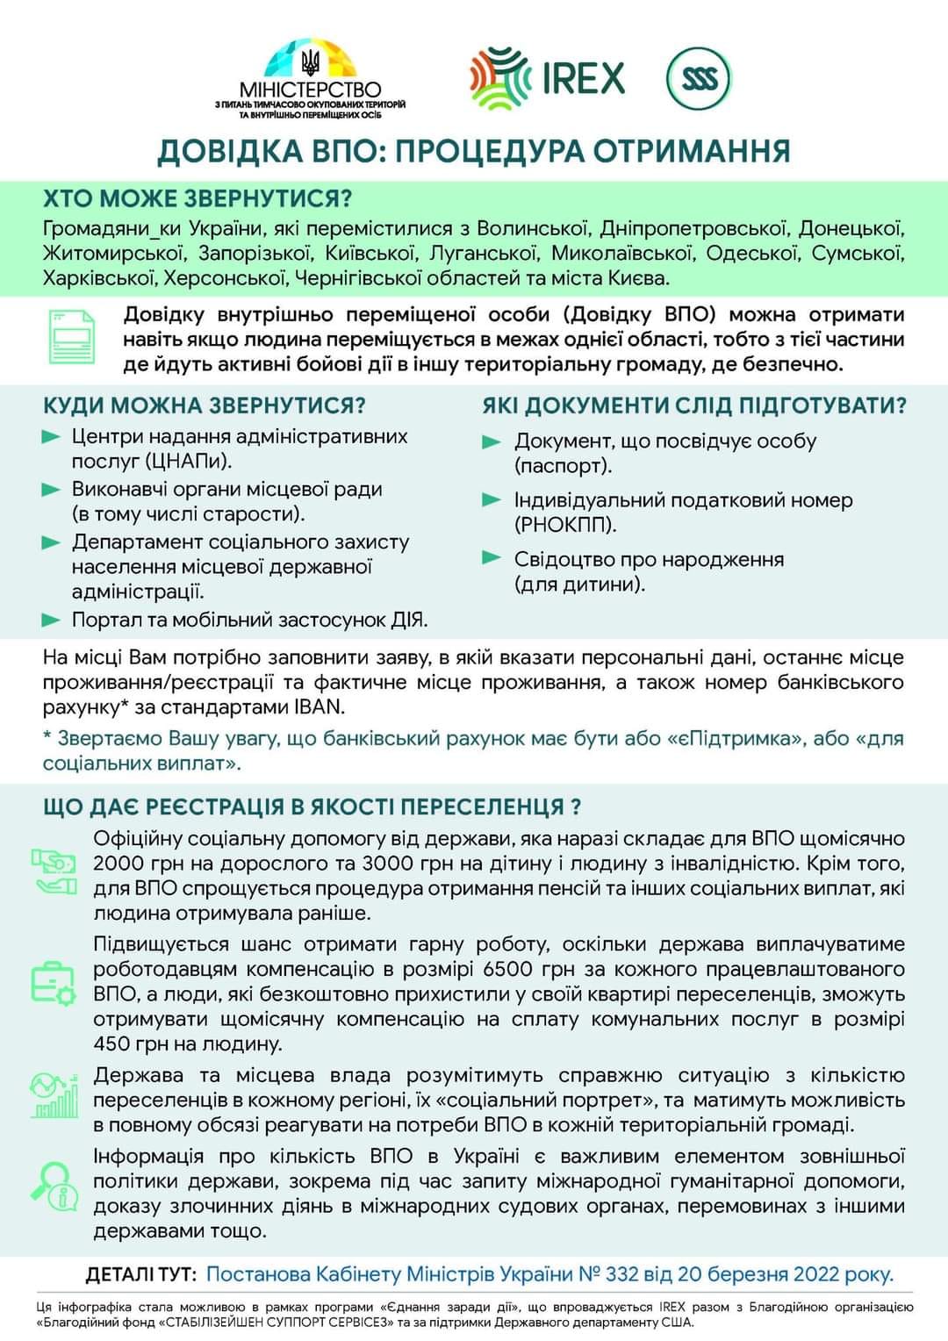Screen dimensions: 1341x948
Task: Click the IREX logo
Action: click(548, 79)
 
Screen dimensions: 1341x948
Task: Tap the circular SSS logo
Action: click(699, 79)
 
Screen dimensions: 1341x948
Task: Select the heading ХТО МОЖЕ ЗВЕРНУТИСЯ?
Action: click(197, 198)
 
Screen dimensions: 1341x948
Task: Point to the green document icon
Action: click(72, 336)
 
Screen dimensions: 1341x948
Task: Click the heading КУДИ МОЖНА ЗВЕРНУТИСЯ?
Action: click(204, 405)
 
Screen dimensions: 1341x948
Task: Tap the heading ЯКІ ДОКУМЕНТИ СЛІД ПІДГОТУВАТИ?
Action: click(693, 405)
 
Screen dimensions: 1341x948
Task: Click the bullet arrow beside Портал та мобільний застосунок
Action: click(51, 620)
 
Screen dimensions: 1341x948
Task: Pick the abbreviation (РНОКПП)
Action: click(565, 525)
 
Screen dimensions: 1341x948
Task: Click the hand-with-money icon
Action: click(54, 871)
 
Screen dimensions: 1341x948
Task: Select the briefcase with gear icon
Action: click(54, 983)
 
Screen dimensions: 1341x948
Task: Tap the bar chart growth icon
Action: click(54, 1095)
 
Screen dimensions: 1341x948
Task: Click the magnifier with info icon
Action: click(53, 1183)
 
